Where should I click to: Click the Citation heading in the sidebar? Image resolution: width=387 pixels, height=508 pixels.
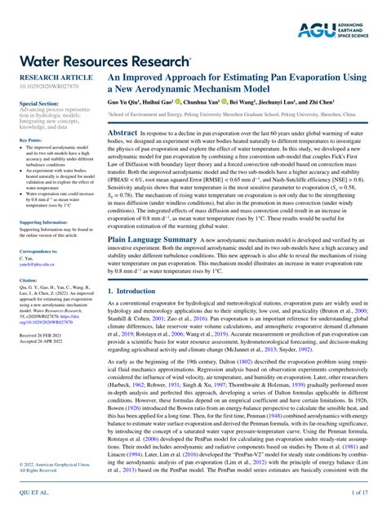tap(29, 279)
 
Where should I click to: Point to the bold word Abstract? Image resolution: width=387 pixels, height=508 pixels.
tap(122, 131)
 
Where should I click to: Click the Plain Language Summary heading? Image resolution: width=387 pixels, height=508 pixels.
tap(153, 239)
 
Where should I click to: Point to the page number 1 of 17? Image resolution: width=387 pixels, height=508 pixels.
tap(358, 493)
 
